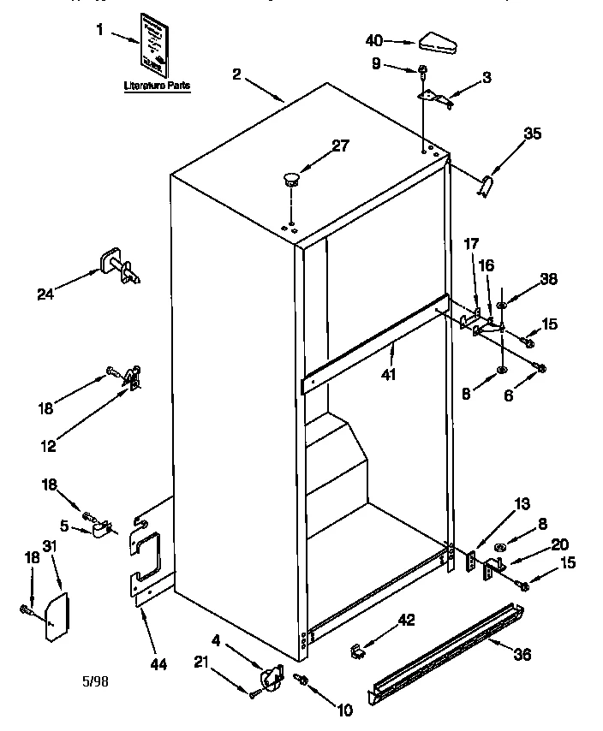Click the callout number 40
pos(374,39)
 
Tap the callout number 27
pos(340,145)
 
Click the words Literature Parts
pos(157,86)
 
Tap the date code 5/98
pos(95,681)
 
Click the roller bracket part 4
pos(270,678)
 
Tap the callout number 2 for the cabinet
pos(236,74)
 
